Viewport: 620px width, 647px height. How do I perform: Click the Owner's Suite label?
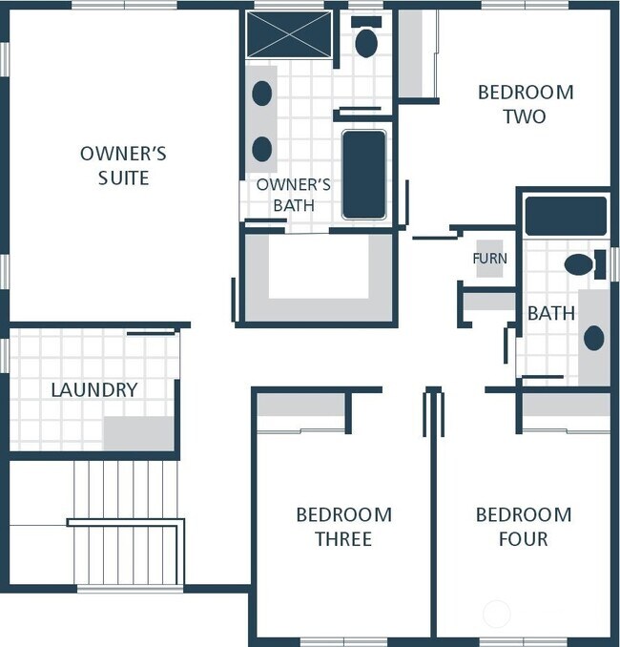point(123,165)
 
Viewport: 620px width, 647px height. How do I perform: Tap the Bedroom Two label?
point(526,104)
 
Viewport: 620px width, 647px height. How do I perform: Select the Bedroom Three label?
point(344,527)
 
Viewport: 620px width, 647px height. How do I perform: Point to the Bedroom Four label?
point(524,527)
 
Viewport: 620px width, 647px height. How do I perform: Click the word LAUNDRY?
point(94,390)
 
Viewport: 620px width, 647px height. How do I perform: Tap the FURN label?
point(490,259)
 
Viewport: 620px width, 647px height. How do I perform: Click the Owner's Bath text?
point(293,195)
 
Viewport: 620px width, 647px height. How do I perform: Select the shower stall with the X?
point(289,34)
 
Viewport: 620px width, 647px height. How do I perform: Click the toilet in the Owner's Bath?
point(366,37)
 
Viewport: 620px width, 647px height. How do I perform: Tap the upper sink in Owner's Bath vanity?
point(262,94)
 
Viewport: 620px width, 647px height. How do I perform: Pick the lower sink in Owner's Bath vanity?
point(262,149)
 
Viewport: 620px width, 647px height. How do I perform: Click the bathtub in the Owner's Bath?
point(364,175)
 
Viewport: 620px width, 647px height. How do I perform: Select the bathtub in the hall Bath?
point(566,217)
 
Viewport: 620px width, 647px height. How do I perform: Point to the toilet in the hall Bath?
point(585,264)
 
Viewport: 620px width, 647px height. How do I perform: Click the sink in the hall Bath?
point(594,338)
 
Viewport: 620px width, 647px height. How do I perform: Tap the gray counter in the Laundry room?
point(138,433)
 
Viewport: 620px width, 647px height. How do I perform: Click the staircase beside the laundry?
point(126,523)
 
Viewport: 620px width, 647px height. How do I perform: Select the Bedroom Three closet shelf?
point(301,405)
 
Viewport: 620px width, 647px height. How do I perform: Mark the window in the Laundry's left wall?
point(5,355)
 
